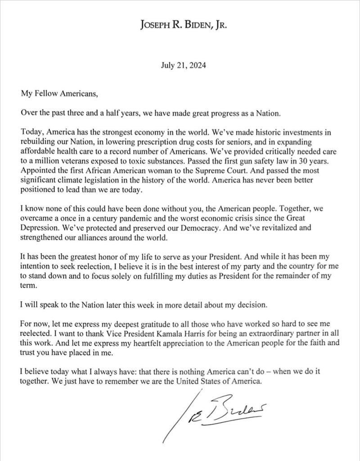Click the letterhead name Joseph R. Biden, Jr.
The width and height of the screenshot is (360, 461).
tap(183, 26)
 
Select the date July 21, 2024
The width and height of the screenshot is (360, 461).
tap(183, 65)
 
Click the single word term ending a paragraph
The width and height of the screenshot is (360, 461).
tap(27, 285)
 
